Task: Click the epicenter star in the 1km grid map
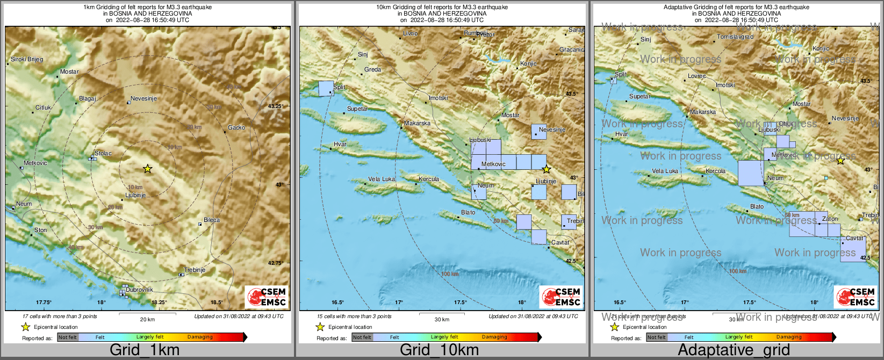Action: tap(147, 169)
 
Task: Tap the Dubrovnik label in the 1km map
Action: tap(139, 290)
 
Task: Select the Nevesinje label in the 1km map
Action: tap(143, 99)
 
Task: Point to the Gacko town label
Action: tap(236, 127)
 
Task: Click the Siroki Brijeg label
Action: tap(27, 59)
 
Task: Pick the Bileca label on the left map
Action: tap(212, 220)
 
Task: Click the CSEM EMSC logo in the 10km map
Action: tap(561, 297)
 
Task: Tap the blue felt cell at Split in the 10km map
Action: tap(326, 89)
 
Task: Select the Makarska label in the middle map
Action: tap(418, 123)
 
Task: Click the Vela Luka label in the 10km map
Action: tap(382, 179)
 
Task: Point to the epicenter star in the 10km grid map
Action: tap(547, 170)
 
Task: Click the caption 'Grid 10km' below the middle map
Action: tap(439, 350)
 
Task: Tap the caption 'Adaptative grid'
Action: tap(734, 350)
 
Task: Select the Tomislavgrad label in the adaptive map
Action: tap(735, 37)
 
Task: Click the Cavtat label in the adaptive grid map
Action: tap(854, 238)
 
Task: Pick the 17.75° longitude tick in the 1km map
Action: tap(44, 303)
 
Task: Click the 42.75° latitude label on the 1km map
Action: tap(275, 263)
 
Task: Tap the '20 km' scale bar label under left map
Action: tap(147, 319)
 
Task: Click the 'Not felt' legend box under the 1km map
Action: tap(68, 337)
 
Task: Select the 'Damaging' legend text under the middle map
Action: tap(494, 337)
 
